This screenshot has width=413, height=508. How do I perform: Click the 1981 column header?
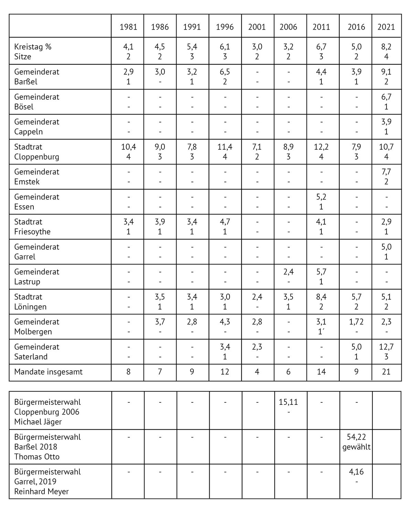(x=128, y=27)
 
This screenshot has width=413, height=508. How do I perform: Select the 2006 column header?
(x=288, y=27)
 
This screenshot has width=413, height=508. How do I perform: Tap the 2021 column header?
(x=386, y=27)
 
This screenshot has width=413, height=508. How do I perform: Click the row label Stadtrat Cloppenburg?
(x=36, y=152)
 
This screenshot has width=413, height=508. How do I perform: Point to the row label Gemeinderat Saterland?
(x=36, y=352)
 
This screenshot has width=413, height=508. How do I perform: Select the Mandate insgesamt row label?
(x=48, y=371)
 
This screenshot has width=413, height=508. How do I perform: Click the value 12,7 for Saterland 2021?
(x=386, y=347)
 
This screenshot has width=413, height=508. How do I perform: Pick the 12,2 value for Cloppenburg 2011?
(x=321, y=147)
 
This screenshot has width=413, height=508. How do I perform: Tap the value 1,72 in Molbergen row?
(x=356, y=322)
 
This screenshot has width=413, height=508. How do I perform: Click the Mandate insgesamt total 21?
(x=386, y=371)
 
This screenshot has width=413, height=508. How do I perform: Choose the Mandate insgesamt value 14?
(x=321, y=371)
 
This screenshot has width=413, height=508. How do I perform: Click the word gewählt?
(x=356, y=447)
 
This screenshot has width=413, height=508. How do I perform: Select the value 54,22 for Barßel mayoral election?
(x=356, y=437)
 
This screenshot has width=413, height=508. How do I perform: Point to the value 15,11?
(x=288, y=402)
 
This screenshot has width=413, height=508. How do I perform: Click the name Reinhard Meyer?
(x=41, y=491)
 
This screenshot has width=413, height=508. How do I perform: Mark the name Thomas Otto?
(x=37, y=457)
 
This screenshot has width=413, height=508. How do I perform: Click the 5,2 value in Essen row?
(x=321, y=197)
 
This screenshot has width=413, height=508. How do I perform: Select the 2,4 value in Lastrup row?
(x=288, y=272)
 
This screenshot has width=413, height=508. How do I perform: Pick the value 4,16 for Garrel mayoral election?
(x=356, y=472)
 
